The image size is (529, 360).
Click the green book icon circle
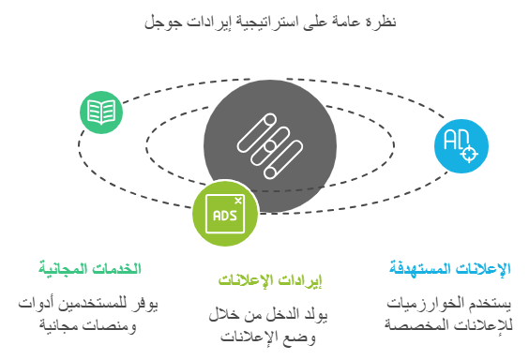(x=101, y=112)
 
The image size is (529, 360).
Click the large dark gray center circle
(x=268, y=144)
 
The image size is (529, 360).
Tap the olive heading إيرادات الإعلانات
(x=270, y=282)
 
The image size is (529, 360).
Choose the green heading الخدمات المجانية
(x=90, y=269)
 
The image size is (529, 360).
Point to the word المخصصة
(x=420, y=324)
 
